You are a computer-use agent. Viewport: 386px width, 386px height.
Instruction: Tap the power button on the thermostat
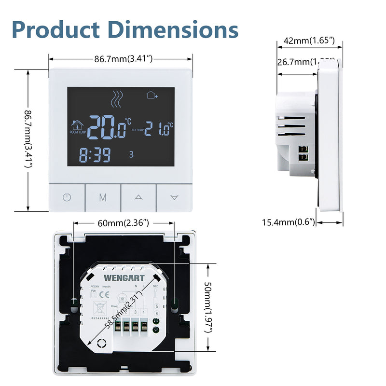67,197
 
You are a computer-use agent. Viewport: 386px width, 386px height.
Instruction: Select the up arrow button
138,197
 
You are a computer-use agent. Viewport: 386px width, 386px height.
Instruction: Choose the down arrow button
175,197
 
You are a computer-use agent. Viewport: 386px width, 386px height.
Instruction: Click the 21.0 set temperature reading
157,129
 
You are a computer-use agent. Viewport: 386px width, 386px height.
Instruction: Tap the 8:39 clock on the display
95,155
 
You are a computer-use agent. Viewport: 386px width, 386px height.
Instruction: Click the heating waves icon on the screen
116,99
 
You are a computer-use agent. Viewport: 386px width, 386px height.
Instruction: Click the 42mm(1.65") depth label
309,41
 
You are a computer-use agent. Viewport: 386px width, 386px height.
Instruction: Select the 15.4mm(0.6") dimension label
289,222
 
